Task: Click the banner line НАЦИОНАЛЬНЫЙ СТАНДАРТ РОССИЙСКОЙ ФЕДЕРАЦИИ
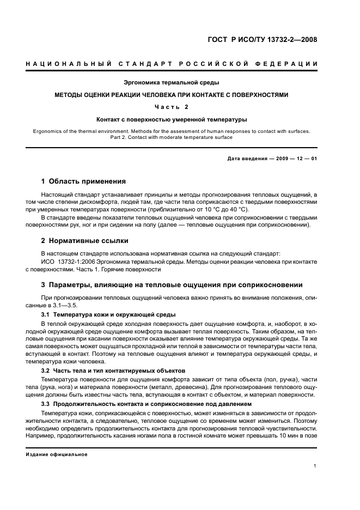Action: click(x=172, y=64)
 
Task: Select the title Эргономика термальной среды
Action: click(x=172, y=83)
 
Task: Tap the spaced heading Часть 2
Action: click(x=172, y=107)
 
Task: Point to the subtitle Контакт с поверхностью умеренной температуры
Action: click(x=172, y=119)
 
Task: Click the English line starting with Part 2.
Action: click(x=172, y=137)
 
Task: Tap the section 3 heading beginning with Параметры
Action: click(x=172, y=285)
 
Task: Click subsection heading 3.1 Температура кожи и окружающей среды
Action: click(x=108, y=315)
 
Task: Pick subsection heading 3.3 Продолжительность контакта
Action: click(x=146, y=404)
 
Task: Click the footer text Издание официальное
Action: click(x=56, y=454)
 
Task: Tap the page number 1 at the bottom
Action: click(x=315, y=466)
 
